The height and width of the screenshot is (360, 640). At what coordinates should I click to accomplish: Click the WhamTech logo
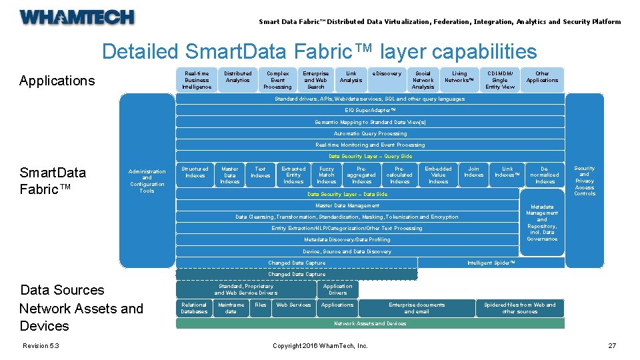pyautogui.click(x=77, y=17)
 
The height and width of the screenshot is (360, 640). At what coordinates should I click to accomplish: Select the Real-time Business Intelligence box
pyautogui.click(x=197, y=80)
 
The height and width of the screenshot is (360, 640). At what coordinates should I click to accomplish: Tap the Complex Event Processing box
pyautogui.click(x=277, y=80)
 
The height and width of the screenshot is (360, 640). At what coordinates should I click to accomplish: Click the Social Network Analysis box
pyautogui.click(x=423, y=80)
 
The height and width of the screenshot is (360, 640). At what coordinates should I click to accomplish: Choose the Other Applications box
pyautogui.click(x=542, y=77)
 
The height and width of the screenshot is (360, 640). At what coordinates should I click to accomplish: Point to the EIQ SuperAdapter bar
pyautogui.click(x=370, y=110)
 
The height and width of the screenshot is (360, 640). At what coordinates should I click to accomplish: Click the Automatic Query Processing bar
pyautogui.click(x=370, y=133)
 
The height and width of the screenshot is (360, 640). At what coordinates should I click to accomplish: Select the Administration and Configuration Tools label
pyautogui.click(x=147, y=181)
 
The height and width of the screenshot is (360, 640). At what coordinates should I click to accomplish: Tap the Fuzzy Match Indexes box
pyautogui.click(x=327, y=175)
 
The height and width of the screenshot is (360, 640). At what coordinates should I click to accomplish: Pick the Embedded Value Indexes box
pyautogui.click(x=438, y=175)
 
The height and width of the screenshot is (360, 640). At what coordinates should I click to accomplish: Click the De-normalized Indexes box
pyautogui.click(x=545, y=175)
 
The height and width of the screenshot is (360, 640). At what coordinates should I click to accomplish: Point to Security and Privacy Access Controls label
pyautogui.click(x=584, y=181)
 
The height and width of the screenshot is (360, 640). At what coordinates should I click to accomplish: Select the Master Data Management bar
pyautogui.click(x=347, y=205)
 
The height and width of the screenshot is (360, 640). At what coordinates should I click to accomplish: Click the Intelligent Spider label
pyautogui.click(x=491, y=263)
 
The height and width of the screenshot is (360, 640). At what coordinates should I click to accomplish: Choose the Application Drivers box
pyautogui.click(x=338, y=289)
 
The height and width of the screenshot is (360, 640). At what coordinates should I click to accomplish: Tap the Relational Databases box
pyautogui.click(x=194, y=308)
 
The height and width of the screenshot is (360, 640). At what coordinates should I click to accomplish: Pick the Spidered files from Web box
pyautogui.click(x=519, y=308)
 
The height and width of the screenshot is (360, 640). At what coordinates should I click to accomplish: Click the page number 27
pyautogui.click(x=611, y=345)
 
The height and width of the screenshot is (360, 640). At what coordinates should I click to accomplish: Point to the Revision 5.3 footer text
pyautogui.click(x=41, y=345)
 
